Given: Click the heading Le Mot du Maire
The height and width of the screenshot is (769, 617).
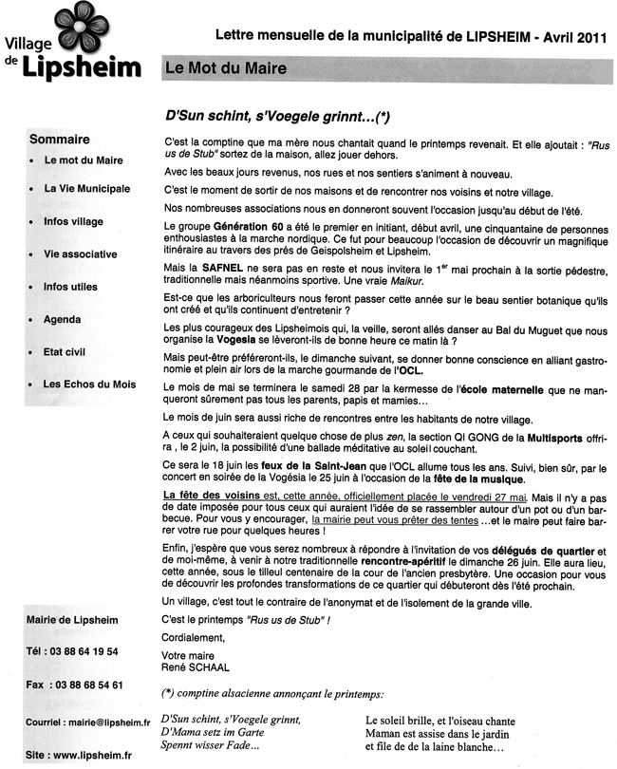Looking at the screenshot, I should point(225,68).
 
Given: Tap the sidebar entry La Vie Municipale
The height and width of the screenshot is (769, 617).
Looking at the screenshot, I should point(86,189).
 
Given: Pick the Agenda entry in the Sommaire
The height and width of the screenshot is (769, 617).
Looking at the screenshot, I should point(64,320).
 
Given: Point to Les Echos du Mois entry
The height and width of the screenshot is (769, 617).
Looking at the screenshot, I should point(88,384).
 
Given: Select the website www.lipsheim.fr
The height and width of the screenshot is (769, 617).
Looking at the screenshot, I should point(92,755).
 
